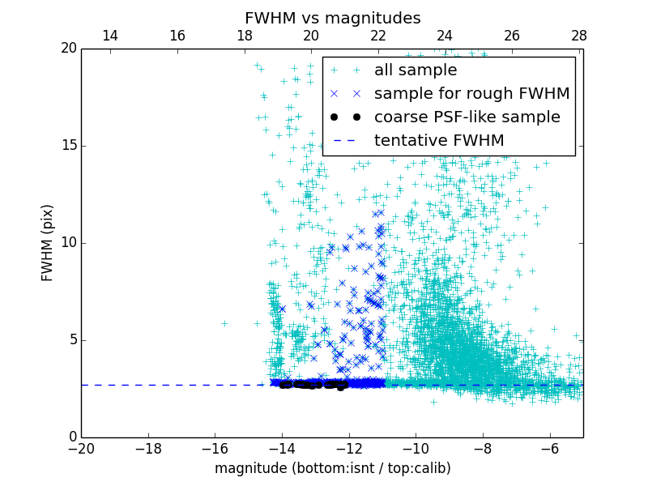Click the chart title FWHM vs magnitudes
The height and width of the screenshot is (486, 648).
(332, 18)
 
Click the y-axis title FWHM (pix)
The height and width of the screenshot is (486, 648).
(48, 242)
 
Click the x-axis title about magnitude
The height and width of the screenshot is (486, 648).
(332, 468)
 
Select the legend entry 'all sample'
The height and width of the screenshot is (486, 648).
(415, 70)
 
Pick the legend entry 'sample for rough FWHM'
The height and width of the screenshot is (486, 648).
(471, 94)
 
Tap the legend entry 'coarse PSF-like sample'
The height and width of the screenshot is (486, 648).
(467, 117)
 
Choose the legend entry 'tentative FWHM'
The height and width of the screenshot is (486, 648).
(438, 141)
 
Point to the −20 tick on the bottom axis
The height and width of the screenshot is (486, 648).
(81, 448)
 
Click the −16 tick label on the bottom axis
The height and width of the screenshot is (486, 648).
(215, 448)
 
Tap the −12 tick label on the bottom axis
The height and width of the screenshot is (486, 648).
(348, 448)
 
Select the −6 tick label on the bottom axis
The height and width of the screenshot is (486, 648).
(549, 448)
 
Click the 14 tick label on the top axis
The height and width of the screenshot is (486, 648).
(110, 36)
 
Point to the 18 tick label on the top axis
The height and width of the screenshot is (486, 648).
(244, 36)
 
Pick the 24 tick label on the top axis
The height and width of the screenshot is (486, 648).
(445, 36)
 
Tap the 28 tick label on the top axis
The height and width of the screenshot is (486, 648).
(578, 36)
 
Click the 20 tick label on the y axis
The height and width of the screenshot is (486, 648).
(67, 49)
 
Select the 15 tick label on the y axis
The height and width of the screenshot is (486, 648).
(67, 146)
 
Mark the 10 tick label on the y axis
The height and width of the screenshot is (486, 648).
(67, 243)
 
